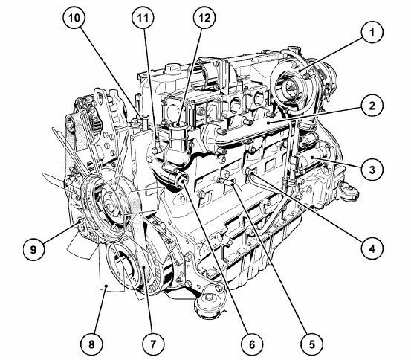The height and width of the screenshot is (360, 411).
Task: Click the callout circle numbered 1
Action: coord(372,33)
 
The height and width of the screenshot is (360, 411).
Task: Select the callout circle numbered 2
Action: coord(372,106)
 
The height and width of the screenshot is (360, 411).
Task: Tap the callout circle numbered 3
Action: coord(372,170)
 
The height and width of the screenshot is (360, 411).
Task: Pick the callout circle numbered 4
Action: coord(372,248)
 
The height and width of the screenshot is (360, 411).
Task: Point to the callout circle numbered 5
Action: coord(311,344)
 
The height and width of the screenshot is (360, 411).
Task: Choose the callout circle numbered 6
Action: coord(252,344)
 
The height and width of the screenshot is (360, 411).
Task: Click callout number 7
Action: coord(153,344)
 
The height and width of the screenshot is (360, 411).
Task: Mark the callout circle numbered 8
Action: coord(91,344)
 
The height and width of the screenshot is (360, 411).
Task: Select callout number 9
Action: coord(33,249)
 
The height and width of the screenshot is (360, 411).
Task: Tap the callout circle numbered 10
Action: coord(74,18)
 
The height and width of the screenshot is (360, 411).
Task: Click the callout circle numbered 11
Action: coord(143,18)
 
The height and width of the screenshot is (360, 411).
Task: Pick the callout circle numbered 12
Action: coord(204,18)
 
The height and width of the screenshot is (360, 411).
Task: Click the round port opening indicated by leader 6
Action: coord(182,180)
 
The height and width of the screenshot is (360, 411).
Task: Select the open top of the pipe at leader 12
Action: coord(178,124)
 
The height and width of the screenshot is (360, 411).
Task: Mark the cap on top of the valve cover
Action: coord(172,68)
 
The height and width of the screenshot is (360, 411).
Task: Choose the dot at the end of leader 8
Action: coord(106,286)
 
